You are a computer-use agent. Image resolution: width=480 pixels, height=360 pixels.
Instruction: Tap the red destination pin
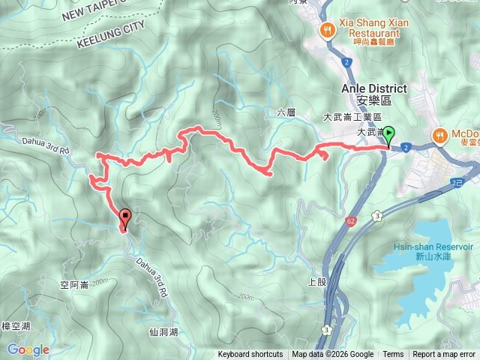(x=124, y=218)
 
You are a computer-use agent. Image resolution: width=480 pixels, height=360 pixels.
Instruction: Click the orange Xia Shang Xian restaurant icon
(x=327, y=30)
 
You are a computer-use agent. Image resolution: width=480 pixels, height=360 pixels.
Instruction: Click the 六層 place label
(x=286, y=112)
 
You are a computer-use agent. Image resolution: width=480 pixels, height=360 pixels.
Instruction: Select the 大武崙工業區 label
(x=352, y=118)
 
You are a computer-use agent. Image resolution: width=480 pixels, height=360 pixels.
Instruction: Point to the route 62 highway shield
(x=351, y=221)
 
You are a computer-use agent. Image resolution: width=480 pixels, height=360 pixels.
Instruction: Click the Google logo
(x=28, y=349)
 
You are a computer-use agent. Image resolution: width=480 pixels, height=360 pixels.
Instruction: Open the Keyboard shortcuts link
(x=250, y=355)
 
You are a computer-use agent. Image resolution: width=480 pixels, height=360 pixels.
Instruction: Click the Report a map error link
(x=445, y=355)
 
